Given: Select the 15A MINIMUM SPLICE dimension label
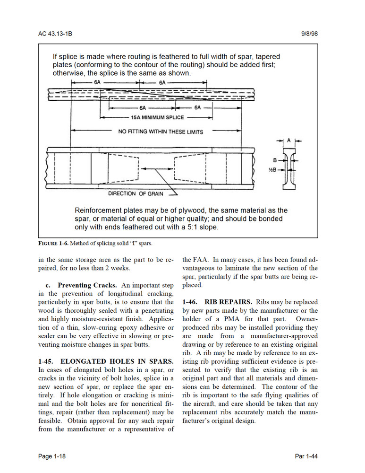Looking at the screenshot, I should coord(157,118).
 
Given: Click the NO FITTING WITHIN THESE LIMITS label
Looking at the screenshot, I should coord(161,132).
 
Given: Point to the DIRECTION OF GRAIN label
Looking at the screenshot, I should coord(136,193).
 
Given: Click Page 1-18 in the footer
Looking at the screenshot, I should coord(52,456).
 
